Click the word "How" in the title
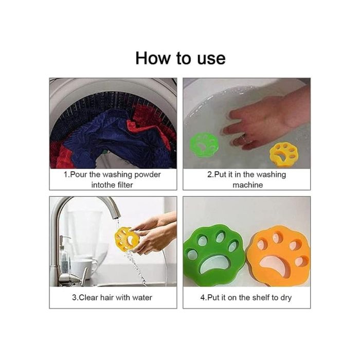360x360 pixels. point(153,58)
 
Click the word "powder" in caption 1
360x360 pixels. point(148,175)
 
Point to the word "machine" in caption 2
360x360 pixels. point(247,185)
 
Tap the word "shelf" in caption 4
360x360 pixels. point(261,298)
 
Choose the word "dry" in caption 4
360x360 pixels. point(286,298)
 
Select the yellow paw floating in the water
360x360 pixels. point(284,154)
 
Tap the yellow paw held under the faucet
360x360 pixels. point(127,239)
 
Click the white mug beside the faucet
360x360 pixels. point(83,268)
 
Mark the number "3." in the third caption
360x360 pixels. point(75,298)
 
